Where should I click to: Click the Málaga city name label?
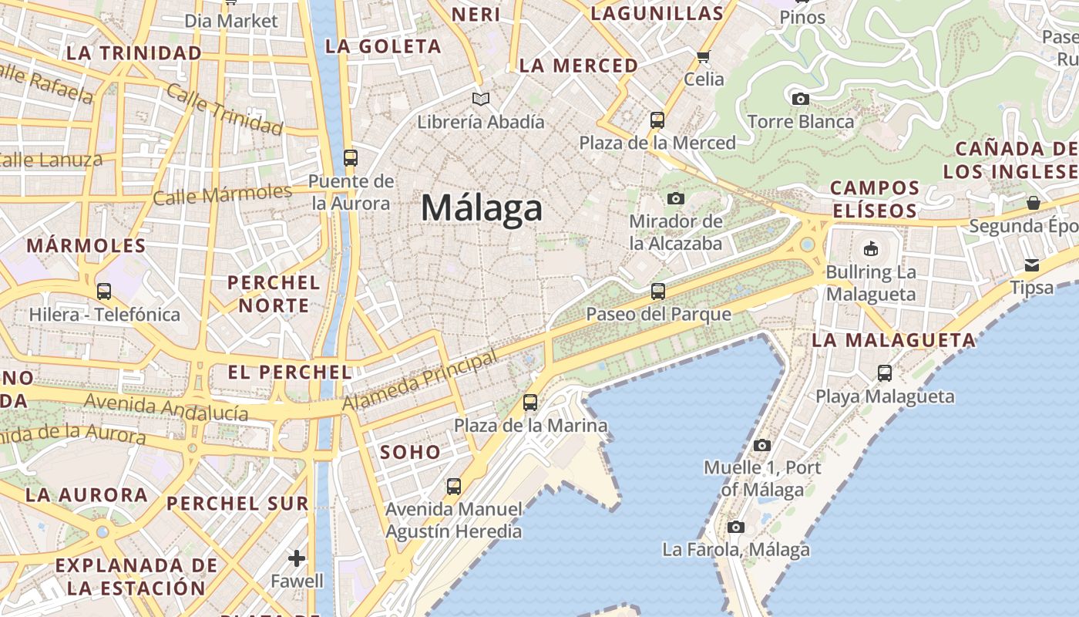point(482,209)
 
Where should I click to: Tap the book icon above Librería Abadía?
point(481,99)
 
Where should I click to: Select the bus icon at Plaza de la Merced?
point(657,120)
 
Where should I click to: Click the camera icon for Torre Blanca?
point(801,99)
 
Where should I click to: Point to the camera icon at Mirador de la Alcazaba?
point(676,199)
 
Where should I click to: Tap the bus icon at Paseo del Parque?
point(657,292)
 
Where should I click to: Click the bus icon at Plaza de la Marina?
point(530,403)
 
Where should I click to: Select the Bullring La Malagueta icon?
point(871,248)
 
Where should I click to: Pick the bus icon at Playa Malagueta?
point(885,373)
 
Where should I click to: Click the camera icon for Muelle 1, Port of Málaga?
point(762,445)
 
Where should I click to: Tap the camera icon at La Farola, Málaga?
point(736,527)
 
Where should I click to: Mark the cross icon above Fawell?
point(297,558)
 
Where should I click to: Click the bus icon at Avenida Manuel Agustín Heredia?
point(454,487)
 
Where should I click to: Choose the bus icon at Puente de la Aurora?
point(351,158)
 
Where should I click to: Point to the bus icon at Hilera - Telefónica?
point(104,292)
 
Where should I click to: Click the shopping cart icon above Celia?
point(703,56)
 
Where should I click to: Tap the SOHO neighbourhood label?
point(411,452)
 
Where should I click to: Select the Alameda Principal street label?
point(420,382)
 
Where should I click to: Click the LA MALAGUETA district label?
point(894,340)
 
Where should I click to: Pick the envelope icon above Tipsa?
point(1032,265)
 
